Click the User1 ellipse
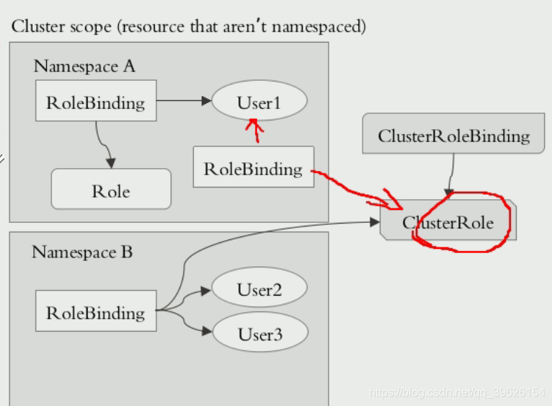click(259, 102)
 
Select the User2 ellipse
click(259, 290)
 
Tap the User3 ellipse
click(259, 334)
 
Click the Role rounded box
click(111, 191)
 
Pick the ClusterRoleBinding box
click(453, 136)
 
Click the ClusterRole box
click(448, 222)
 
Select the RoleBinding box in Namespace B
click(96, 313)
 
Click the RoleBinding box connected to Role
click(96, 102)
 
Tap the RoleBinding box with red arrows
click(253, 169)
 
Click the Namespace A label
click(84, 66)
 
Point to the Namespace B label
click(82, 252)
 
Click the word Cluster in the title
click(35, 27)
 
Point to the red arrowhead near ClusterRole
click(393, 200)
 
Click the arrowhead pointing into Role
click(110, 162)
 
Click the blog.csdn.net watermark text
click(457, 392)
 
